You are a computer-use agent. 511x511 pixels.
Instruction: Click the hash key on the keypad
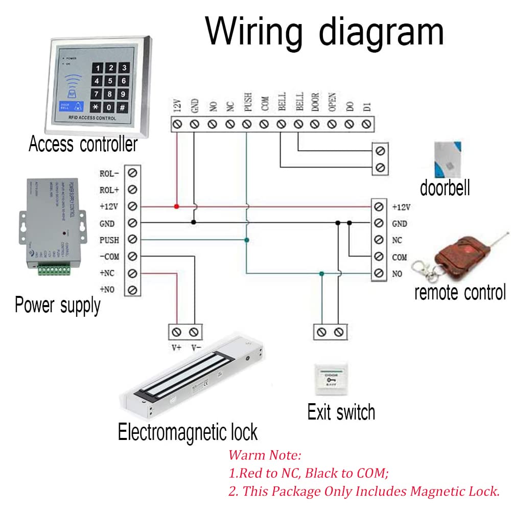point(123,108)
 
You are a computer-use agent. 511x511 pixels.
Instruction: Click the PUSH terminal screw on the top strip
point(246,124)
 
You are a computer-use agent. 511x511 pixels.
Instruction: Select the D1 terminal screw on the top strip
point(366,124)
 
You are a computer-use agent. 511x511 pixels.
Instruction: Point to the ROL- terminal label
point(109,173)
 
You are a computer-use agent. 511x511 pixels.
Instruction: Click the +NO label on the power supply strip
point(107,290)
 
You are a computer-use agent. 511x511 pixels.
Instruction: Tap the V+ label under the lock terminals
point(177,347)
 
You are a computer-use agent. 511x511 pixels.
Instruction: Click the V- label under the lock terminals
point(195,347)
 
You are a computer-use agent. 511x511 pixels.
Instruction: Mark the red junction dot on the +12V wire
point(176,206)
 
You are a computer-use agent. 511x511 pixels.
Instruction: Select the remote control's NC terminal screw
point(379,240)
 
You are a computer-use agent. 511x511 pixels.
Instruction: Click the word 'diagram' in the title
point(381,32)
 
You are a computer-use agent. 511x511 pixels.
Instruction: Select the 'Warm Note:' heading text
point(265,455)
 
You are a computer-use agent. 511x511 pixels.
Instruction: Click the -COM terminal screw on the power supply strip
point(133,256)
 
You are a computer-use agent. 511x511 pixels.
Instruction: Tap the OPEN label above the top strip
point(332,102)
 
